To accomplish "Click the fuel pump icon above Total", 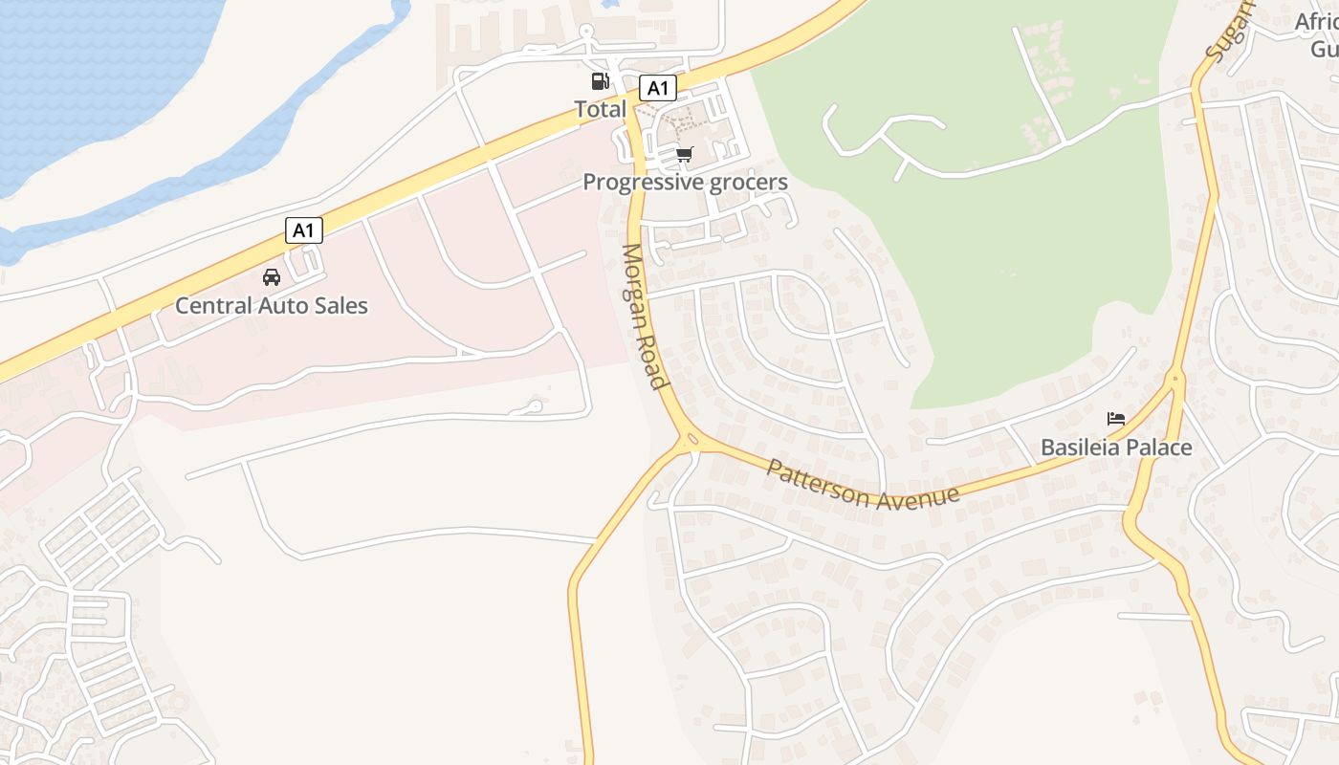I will [600, 82].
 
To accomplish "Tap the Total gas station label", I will [600, 109].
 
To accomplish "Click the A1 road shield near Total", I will [657, 89].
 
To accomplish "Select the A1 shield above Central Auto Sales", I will [303, 230].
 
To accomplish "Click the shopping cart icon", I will [684, 154].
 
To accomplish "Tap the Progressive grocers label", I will [685, 182].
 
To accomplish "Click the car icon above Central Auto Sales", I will [272, 277].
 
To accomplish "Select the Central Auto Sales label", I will [272, 306].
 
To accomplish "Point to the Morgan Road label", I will [643, 317].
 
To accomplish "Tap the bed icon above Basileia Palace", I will [1115, 419].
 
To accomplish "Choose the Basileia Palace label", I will [1116, 448].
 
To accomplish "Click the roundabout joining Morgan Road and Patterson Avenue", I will [691, 441].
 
